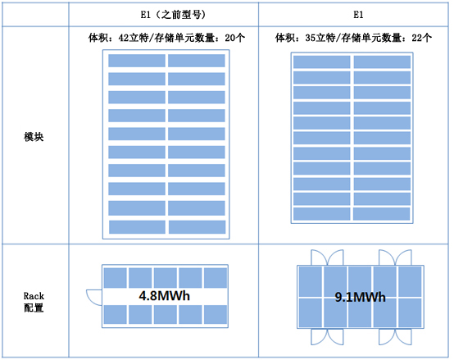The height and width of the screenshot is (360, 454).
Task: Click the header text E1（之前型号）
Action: [x=174, y=15]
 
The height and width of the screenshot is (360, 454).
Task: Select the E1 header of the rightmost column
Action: [x=358, y=15]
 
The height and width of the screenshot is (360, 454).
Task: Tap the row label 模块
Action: [x=34, y=137]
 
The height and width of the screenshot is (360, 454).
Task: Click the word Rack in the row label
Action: [x=34, y=296]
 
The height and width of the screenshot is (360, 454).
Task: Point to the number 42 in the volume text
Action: [x=124, y=38]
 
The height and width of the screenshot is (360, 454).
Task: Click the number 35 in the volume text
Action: [x=311, y=38]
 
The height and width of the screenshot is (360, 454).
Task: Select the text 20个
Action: [x=235, y=38]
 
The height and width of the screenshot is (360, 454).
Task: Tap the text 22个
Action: [x=421, y=38]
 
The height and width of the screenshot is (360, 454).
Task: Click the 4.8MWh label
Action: [x=165, y=296]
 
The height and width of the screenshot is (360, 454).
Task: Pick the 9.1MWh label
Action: [x=361, y=297]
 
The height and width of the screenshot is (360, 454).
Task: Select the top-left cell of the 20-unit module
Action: [x=137, y=61]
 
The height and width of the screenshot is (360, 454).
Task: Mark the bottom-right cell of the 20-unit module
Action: [x=197, y=227]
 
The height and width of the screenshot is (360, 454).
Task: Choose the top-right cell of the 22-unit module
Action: [x=382, y=62]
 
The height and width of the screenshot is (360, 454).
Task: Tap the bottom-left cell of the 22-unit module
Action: [x=321, y=214]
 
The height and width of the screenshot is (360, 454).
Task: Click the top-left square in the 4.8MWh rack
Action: [x=116, y=278]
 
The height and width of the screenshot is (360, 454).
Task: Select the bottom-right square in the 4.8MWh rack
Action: [x=216, y=315]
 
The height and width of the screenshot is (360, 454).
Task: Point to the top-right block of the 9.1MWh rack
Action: [x=410, y=281]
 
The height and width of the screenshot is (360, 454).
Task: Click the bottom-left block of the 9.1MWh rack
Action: [x=310, y=312]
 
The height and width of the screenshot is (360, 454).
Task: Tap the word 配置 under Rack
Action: [x=34, y=308]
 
